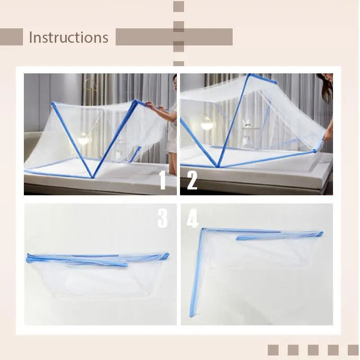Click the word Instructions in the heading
tap(68, 37)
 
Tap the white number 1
tap(163, 181)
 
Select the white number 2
tap(192, 181)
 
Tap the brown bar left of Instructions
tap(11, 37)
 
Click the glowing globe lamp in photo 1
tap(84, 140)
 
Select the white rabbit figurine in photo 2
tap(247, 126)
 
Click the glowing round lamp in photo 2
tap(207, 124)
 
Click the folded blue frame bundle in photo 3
tap(97, 260)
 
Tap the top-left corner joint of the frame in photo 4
tap(203, 230)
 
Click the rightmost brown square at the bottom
tap(353, 350)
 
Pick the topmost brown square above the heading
tap(179, 6)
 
